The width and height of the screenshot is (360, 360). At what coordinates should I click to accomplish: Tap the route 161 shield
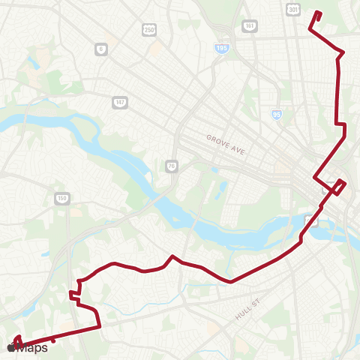click(x=249, y=25)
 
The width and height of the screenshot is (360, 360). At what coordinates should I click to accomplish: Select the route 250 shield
click(x=149, y=28)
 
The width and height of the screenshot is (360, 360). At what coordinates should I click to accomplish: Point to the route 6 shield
click(x=100, y=49)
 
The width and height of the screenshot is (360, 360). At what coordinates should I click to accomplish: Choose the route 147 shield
click(x=120, y=101)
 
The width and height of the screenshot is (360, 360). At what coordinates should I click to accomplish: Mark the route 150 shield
click(x=62, y=199)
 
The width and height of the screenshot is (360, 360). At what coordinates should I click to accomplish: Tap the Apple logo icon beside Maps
click(x=10, y=347)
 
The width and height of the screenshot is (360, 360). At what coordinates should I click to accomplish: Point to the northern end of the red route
click(x=319, y=13)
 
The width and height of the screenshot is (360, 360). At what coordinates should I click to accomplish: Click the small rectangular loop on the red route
click(x=338, y=186)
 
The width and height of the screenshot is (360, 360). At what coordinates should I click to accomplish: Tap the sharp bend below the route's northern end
click(x=310, y=29)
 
